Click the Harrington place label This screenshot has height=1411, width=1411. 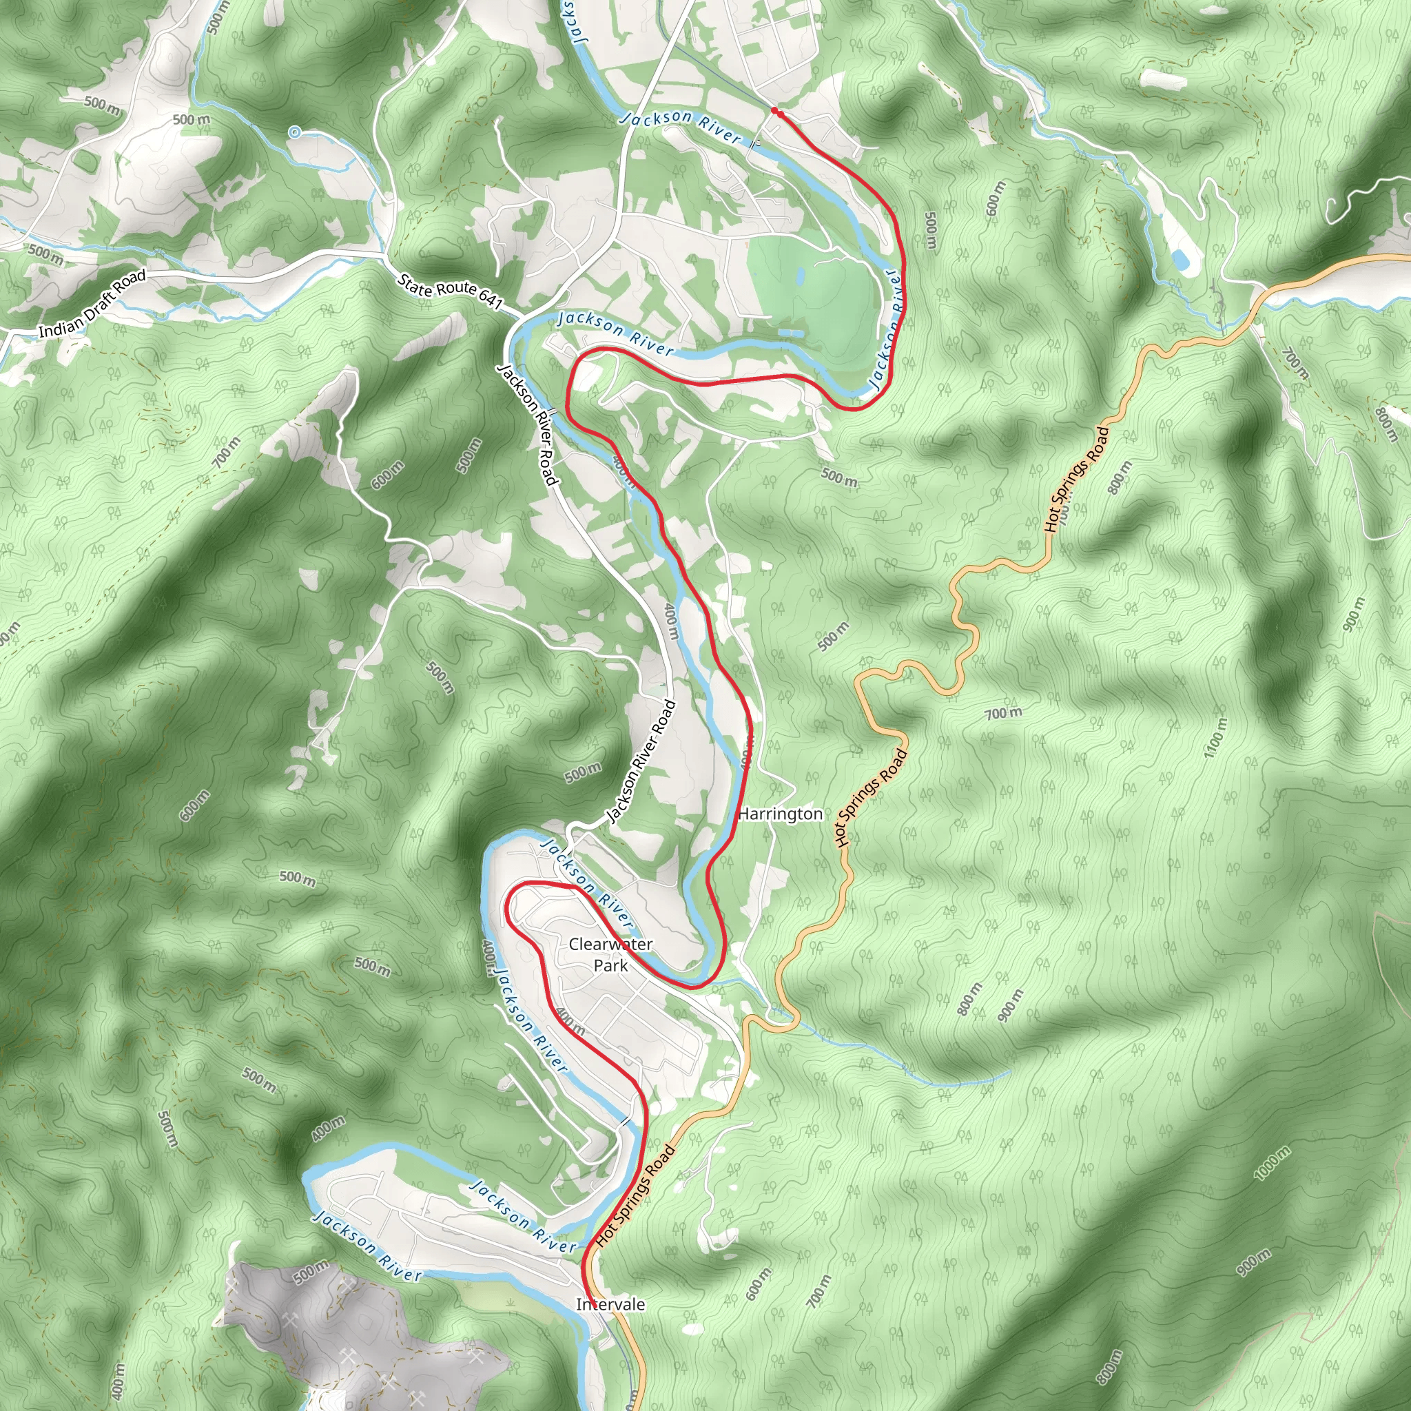click(780, 814)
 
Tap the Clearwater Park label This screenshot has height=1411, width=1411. click(610, 954)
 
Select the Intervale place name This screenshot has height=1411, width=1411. click(610, 1304)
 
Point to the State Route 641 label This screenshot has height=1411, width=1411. click(451, 291)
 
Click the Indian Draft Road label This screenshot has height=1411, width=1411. click(92, 304)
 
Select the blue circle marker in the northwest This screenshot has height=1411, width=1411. click(294, 132)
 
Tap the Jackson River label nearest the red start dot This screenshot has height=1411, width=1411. click(681, 126)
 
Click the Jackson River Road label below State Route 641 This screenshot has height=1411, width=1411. click(527, 424)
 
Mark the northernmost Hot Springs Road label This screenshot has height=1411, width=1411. click(1077, 478)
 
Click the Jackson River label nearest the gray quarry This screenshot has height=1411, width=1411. click(367, 1246)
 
